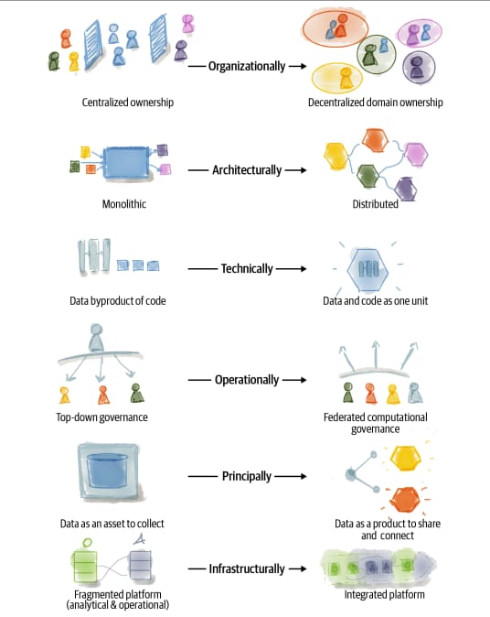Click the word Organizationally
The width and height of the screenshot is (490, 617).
click(247, 67)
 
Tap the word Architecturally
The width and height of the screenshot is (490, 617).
click(247, 170)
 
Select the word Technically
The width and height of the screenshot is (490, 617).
click(247, 269)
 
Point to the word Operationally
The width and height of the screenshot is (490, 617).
click(247, 380)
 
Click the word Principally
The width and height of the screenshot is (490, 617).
click(247, 476)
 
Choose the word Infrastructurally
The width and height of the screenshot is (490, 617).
click(247, 569)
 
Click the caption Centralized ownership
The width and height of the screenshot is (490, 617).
click(128, 103)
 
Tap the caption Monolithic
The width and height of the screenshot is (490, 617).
click(124, 204)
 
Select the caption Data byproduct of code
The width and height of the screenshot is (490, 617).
click(118, 301)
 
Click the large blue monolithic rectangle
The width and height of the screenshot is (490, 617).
click(126, 163)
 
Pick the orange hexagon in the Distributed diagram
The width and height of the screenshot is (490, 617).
click(375, 140)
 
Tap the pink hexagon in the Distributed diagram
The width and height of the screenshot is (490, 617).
click(416, 154)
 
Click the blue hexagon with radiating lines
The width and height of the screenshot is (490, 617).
click(367, 270)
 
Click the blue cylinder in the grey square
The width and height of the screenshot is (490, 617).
click(107, 471)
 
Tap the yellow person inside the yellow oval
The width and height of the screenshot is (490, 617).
click(346, 78)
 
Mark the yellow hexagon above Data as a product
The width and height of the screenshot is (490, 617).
click(405, 458)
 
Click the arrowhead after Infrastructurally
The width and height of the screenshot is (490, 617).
click(303, 569)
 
